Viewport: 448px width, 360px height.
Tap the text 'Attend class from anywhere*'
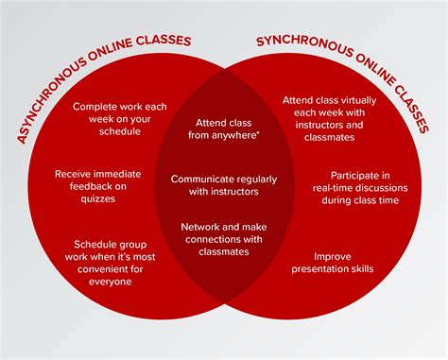tap(224, 129)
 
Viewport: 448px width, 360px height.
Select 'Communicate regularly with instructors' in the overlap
tap(224, 185)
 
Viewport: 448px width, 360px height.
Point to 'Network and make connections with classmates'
tap(224, 239)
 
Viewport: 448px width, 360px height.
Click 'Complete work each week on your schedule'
tap(119, 119)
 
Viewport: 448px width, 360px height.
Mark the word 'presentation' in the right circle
tap(336, 268)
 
